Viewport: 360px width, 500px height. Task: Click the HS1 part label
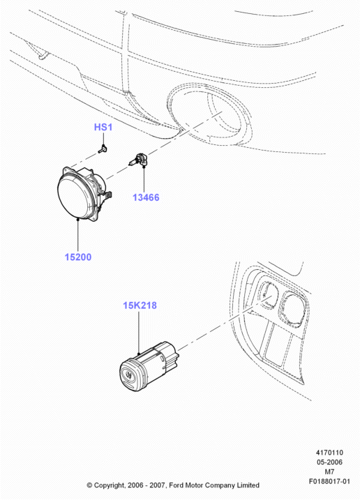coord(103,127)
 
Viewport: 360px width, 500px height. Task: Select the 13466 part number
coord(146,197)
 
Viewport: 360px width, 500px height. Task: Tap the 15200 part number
coord(78,257)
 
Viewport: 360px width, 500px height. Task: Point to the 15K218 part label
coord(140,305)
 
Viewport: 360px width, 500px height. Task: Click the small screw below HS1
coord(103,149)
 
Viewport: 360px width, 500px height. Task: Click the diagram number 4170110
coord(329,453)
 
